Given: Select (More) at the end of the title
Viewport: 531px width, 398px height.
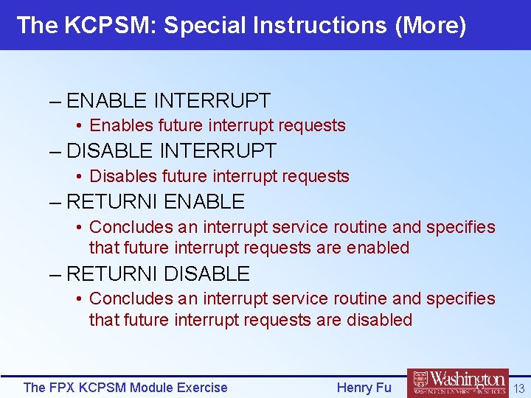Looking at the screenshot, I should click(x=431, y=26).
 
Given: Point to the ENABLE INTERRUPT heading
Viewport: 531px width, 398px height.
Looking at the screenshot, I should click(x=168, y=100).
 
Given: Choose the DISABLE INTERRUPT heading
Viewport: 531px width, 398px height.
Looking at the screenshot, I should click(x=171, y=151).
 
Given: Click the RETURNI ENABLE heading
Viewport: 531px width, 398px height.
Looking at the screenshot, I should click(x=155, y=202).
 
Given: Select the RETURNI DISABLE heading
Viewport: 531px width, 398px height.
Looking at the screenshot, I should click(x=158, y=274).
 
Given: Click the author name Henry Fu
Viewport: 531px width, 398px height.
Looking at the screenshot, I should click(x=364, y=388).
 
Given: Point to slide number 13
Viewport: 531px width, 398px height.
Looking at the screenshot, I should click(x=518, y=388).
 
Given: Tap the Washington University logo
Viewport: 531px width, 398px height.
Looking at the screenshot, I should click(x=457, y=384).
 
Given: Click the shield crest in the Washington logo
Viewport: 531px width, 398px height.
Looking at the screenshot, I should click(x=420, y=383).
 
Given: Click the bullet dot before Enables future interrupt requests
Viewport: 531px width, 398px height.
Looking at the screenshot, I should click(x=79, y=126).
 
